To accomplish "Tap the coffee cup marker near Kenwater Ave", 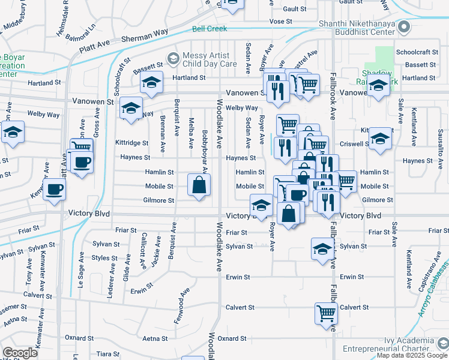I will tap(54, 190).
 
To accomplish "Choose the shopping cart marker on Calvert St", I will tap(326, 312).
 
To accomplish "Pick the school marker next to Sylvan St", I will tap(322, 248).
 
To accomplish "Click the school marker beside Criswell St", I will tap(380, 139).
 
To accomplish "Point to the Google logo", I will tap(20, 353).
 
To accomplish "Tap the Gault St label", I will tap(295, 9).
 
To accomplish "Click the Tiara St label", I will tap(108, 353).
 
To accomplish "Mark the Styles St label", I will tap(104, 258).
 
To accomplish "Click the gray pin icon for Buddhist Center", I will tap(404, 28).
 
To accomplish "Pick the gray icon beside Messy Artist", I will tap(174, 58).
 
